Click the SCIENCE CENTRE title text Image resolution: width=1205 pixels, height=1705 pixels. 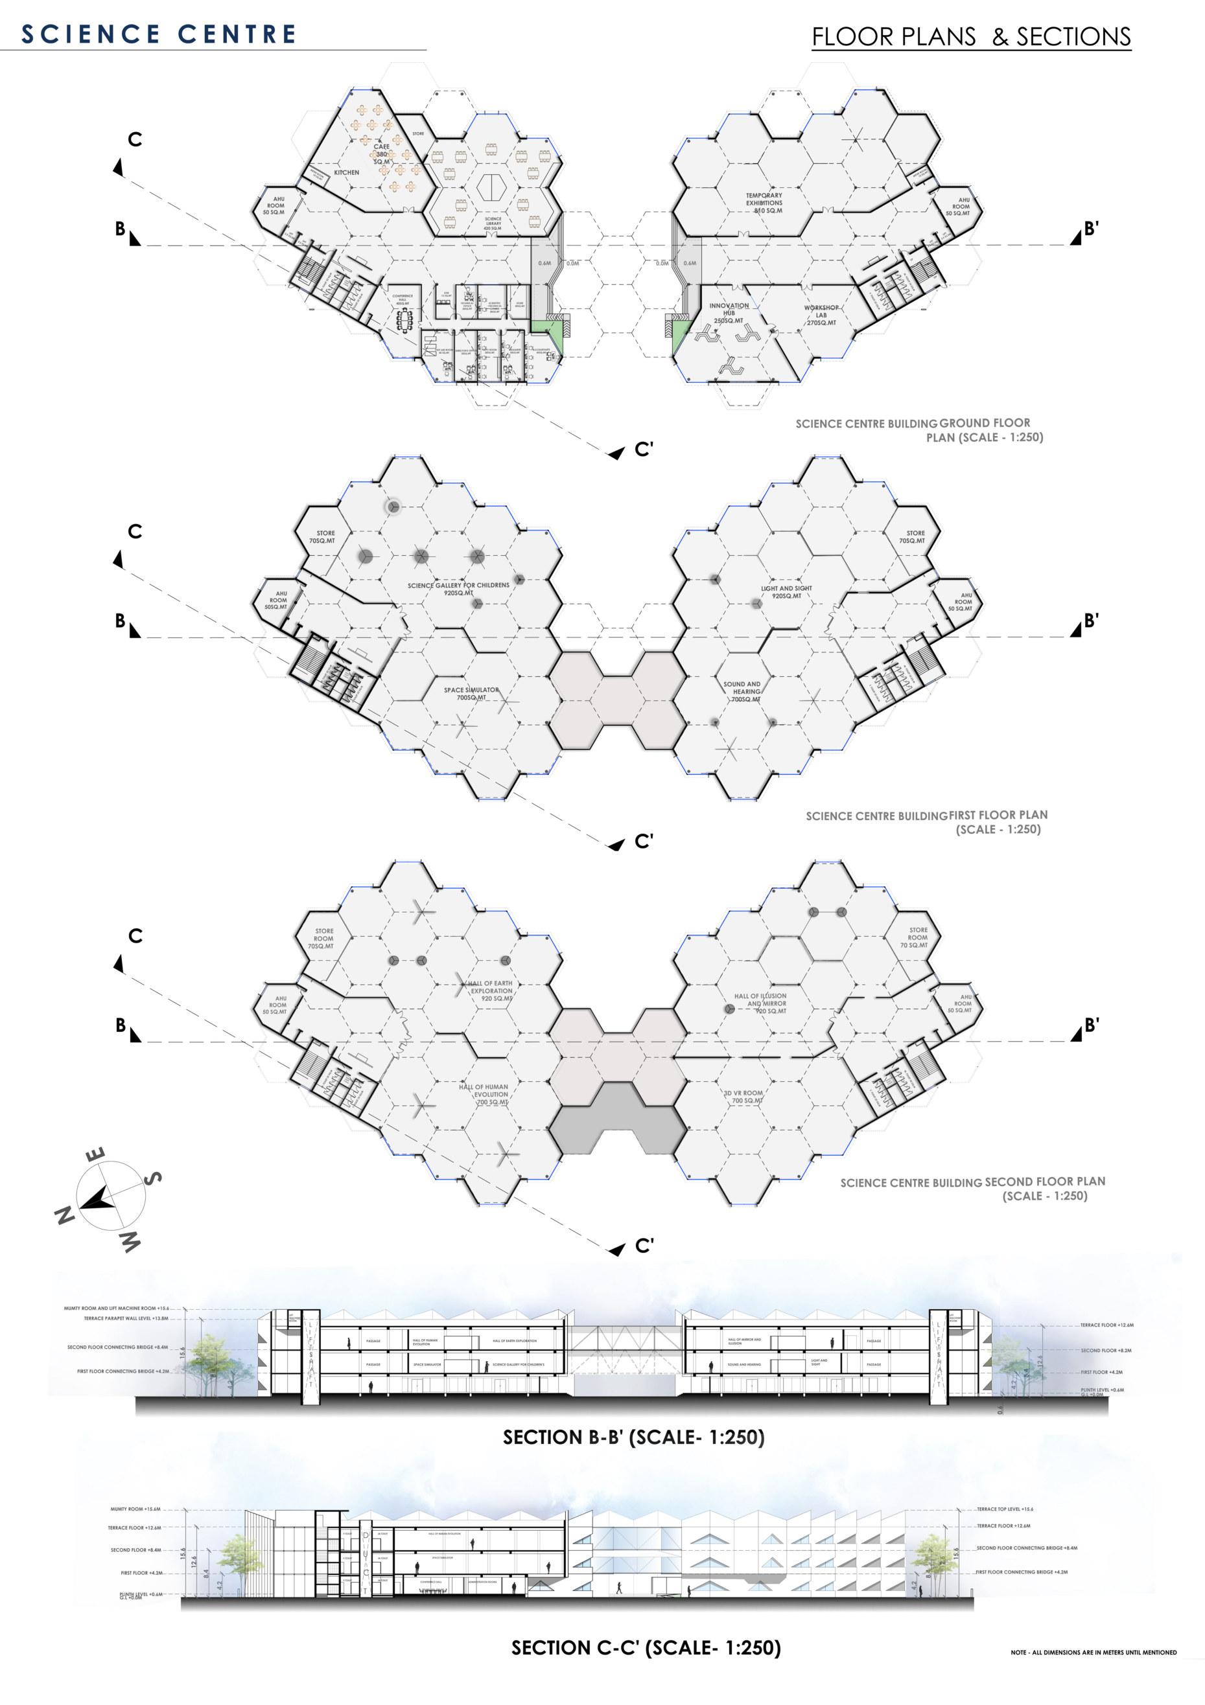pyautogui.click(x=158, y=34)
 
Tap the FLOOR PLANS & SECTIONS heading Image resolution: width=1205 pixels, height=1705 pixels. pyautogui.click(x=971, y=37)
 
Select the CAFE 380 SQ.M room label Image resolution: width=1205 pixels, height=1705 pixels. pyautogui.click(x=382, y=154)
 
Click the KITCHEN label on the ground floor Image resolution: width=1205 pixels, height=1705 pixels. pyautogui.click(x=346, y=172)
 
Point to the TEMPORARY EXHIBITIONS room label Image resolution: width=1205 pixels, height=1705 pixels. pyautogui.click(x=764, y=203)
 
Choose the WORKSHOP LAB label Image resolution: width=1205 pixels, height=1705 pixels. pyautogui.click(x=821, y=315)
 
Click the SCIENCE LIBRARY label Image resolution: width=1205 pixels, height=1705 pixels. pyautogui.click(x=493, y=223)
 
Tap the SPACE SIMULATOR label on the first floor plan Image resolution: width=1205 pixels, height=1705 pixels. pyautogui.click(x=472, y=694)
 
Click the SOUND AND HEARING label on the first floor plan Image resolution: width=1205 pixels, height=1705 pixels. pyautogui.click(x=742, y=691)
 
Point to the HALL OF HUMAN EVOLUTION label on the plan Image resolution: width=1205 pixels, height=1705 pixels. pyautogui.click(x=484, y=1095)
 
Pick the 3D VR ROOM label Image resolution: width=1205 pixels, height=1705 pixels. pyautogui.click(x=743, y=1097)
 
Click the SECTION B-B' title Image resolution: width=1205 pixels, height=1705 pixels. pyautogui.click(x=633, y=1437)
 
